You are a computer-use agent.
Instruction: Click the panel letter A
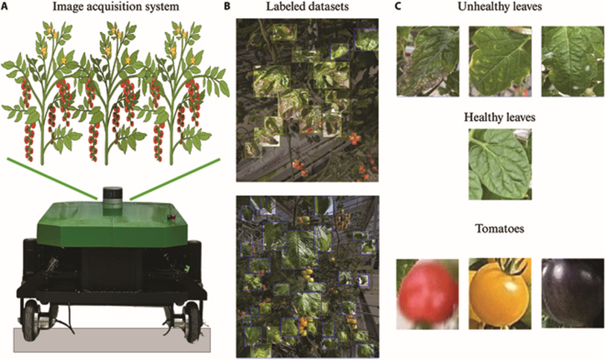[6, 7]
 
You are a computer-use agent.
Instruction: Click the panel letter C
[398, 7]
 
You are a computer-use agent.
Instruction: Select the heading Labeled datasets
[305, 8]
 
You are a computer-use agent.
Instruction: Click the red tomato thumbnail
[428, 293]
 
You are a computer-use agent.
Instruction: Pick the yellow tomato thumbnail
[499, 293]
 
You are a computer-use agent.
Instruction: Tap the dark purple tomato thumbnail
[572, 293]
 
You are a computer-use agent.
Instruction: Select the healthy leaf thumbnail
[499, 164]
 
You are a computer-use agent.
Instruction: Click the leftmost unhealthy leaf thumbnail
[428, 61]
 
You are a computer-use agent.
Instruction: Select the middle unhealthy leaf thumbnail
[499, 61]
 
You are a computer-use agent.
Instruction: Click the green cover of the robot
[112, 224]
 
